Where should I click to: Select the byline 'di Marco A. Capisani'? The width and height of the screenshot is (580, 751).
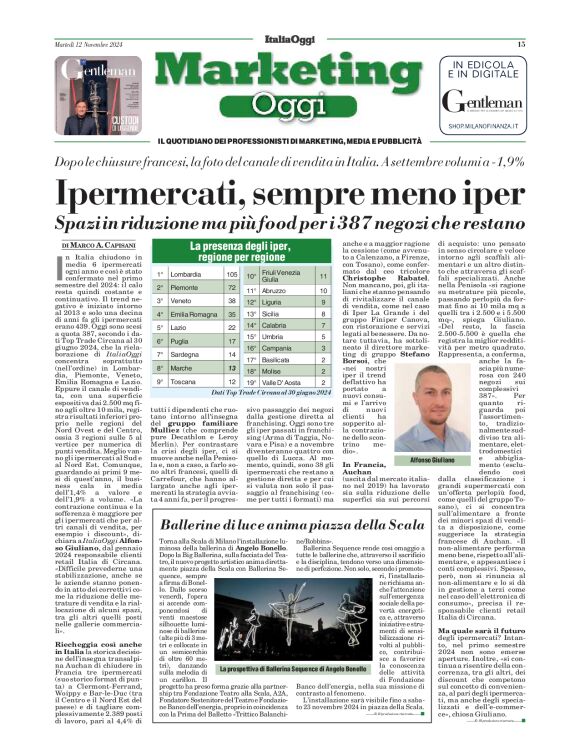[x=97, y=244]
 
